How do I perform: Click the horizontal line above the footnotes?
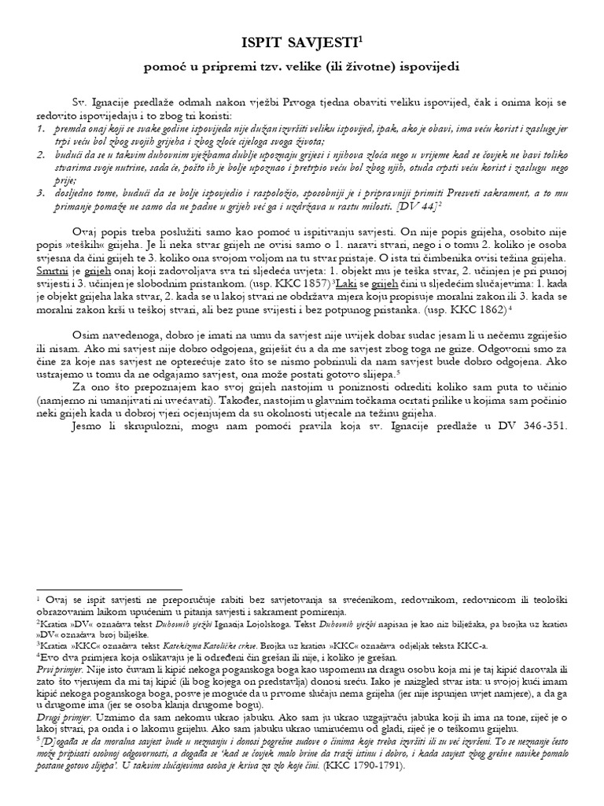109,588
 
